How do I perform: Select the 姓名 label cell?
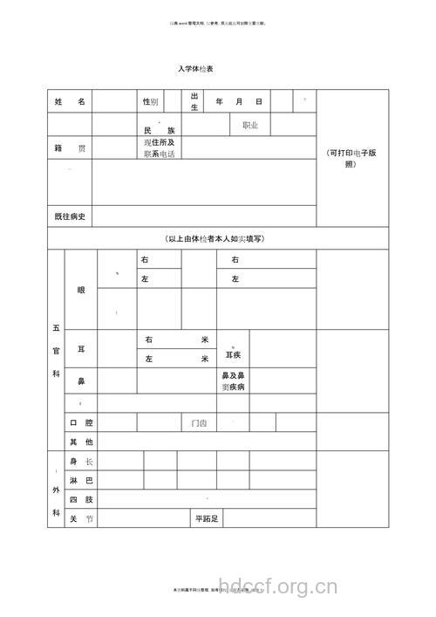tap(70, 102)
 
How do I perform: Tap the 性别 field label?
tap(150, 102)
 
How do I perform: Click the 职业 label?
tap(250, 126)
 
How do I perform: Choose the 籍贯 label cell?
tap(70, 148)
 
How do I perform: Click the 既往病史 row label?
tap(70, 216)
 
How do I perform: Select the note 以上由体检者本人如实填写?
tap(214, 238)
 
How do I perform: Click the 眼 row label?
tap(81, 290)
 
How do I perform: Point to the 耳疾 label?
tap(233, 355)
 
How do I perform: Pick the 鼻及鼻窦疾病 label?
tap(233, 380)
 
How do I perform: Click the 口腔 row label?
tap(81, 423)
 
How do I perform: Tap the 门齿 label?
tap(199, 423)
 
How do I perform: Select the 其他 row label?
tap(81, 442)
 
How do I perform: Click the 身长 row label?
tap(81, 461)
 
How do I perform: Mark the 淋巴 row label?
tap(81, 481)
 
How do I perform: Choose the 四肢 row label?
tap(81, 500)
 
